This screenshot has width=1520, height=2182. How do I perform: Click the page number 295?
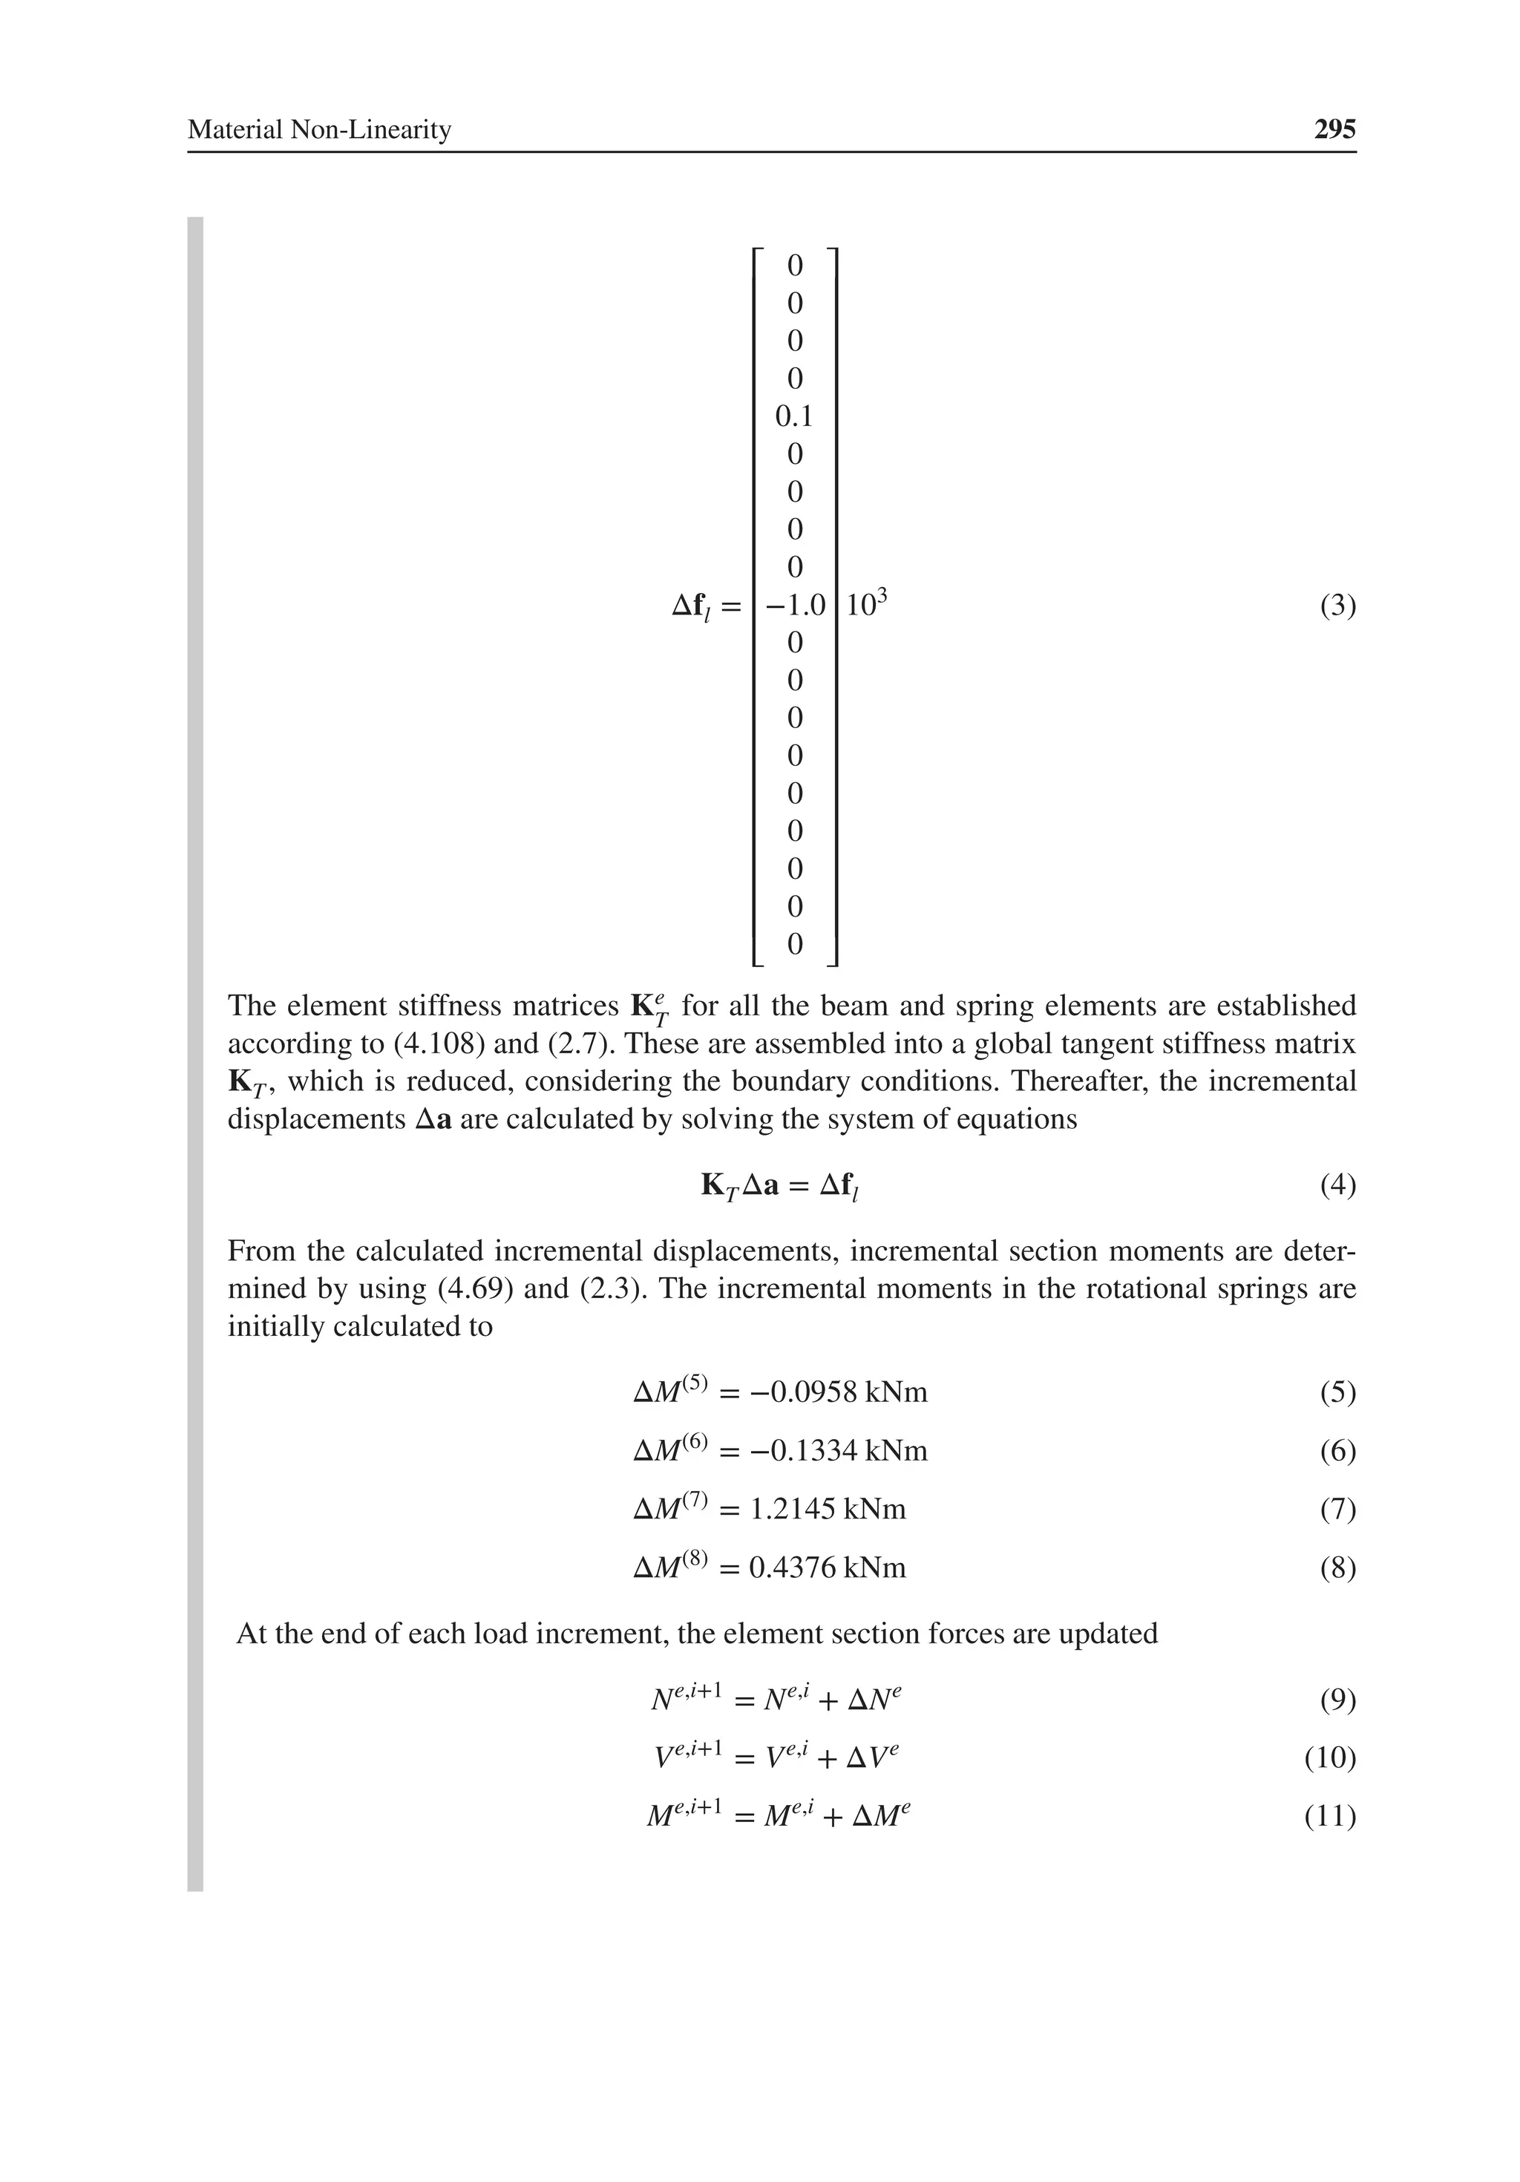click(x=1334, y=129)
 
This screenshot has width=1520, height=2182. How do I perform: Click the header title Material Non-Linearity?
click(x=318, y=129)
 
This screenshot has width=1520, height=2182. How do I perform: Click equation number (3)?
click(x=1337, y=606)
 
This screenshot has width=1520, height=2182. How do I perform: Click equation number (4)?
click(x=1337, y=1185)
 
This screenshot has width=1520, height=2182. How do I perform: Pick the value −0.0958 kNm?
click(x=837, y=1393)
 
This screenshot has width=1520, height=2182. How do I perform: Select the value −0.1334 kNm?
click(x=837, y=1451)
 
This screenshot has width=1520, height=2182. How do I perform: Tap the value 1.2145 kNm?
click(x=827, y=1509)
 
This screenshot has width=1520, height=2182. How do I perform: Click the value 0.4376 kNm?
click(x=827, y=1568)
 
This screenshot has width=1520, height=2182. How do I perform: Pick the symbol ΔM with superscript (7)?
click(x=670, y=1508)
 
